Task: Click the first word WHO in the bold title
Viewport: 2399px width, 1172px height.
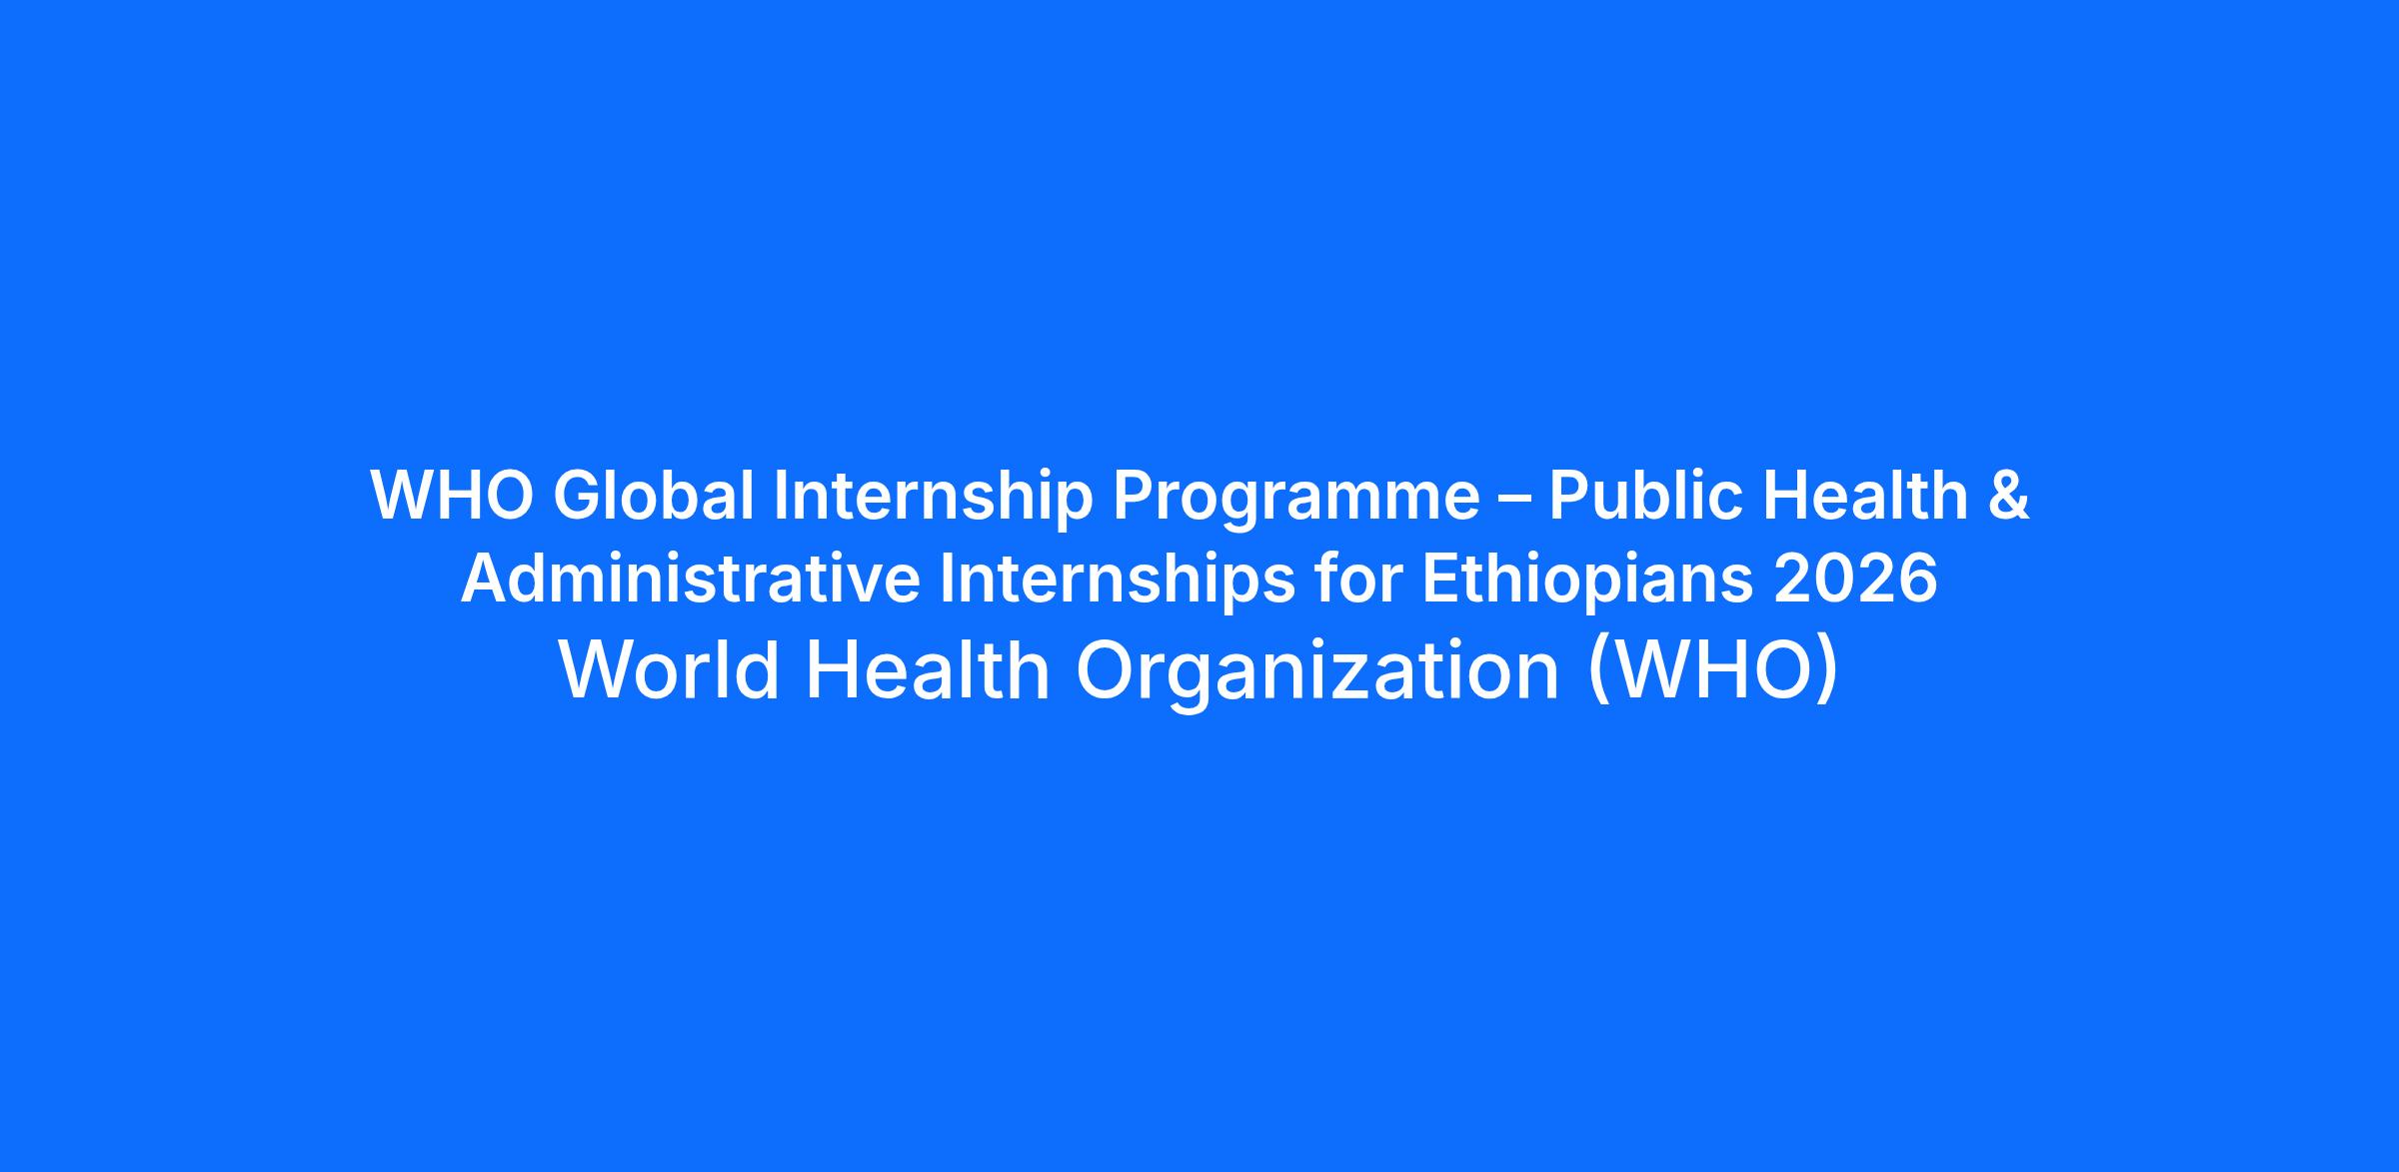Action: tap(452, 496)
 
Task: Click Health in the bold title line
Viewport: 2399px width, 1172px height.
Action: tap(1865, 496)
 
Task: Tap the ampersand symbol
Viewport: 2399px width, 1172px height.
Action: tap(2008, 496)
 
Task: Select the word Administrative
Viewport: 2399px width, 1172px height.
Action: tap(690, 580)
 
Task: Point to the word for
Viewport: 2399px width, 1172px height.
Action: tap(1356, 580)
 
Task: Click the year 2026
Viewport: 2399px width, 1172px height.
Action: tap(1855, 580)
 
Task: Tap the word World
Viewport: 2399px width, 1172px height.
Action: tap(670, 669)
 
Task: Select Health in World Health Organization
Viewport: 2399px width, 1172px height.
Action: tap(928, 669)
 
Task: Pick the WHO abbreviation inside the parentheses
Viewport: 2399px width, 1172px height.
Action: tap(1713, 669)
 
